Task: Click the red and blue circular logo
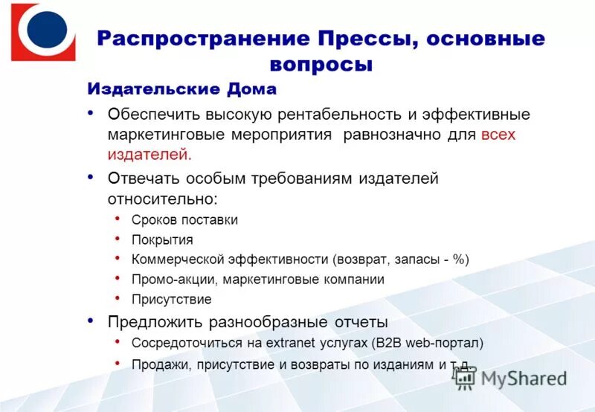click(43, 31)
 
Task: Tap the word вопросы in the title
click(321, 65)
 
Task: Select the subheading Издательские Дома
click(182, 89)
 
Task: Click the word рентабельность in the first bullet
click(340, 115)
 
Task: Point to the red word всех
click(498, 135)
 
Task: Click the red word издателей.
click(149, 155)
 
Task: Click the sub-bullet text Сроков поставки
click(184, 220)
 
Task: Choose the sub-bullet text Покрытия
click(162, 239)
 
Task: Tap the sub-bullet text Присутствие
click(172, 300)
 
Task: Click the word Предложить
click(154, 322)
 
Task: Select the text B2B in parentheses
click(389, 343)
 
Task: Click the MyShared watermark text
click(524, 378)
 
